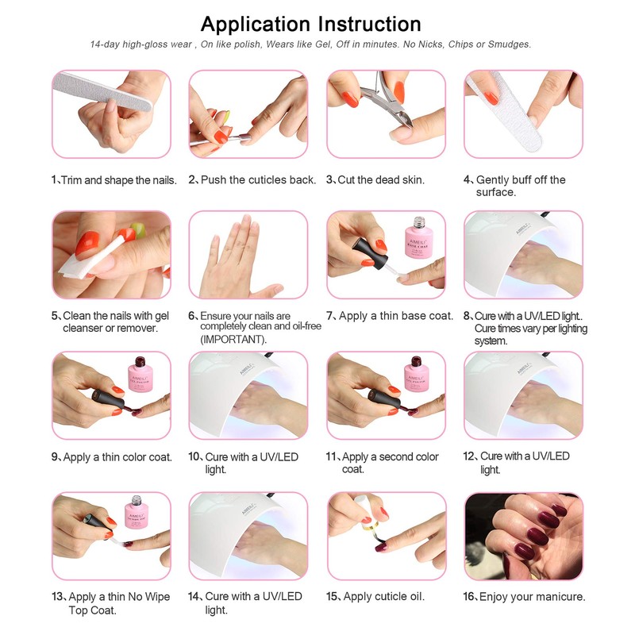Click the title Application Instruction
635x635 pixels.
point(310,23)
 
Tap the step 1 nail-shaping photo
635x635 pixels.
point(111,114)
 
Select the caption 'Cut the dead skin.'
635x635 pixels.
point(381,180)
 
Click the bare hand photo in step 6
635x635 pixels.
point(248,254)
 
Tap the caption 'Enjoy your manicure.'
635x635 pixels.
point(530,596)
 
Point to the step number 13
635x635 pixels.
point(57,597)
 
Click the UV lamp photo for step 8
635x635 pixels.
point(523,254)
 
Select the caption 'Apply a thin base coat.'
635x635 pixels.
point(396,316)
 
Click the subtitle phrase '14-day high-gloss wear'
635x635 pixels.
point(141,44)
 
